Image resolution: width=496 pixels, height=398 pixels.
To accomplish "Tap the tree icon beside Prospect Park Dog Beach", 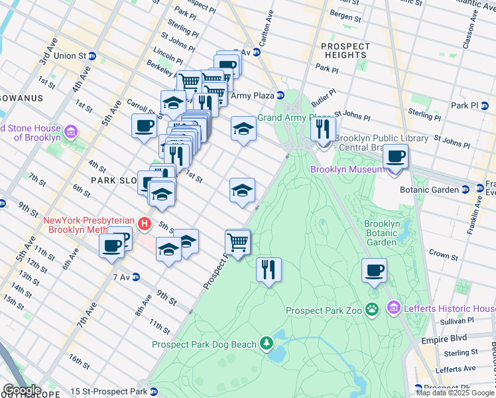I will [x=267, y=343].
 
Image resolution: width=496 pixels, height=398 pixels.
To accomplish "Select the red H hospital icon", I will [x=145, y=224].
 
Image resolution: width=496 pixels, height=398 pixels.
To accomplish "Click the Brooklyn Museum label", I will [x=347, y=169].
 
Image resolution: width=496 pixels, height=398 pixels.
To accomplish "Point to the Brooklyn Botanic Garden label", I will [x=381, y=233].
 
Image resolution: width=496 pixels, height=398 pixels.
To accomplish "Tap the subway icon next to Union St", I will [x=92, y=56].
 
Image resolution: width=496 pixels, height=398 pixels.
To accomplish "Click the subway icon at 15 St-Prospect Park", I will [x=154, y=391].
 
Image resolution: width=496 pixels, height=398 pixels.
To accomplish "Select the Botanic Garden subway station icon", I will [x=465, y=189].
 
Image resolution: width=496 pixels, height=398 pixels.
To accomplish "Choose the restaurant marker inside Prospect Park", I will [x=269, y=269].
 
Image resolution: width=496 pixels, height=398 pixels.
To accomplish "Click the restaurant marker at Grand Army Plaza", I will [x=323, y=128].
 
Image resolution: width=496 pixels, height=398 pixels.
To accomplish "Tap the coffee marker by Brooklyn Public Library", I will [x=396, y=157].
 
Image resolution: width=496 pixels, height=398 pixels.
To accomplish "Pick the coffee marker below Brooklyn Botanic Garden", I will [x=375, y=270].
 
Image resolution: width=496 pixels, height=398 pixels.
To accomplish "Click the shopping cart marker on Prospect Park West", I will [x=238, y=242].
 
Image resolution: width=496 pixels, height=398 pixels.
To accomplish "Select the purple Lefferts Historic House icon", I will [x=394, y=308].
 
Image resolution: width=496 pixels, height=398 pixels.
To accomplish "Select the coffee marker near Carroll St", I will [x=144, y=125].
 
